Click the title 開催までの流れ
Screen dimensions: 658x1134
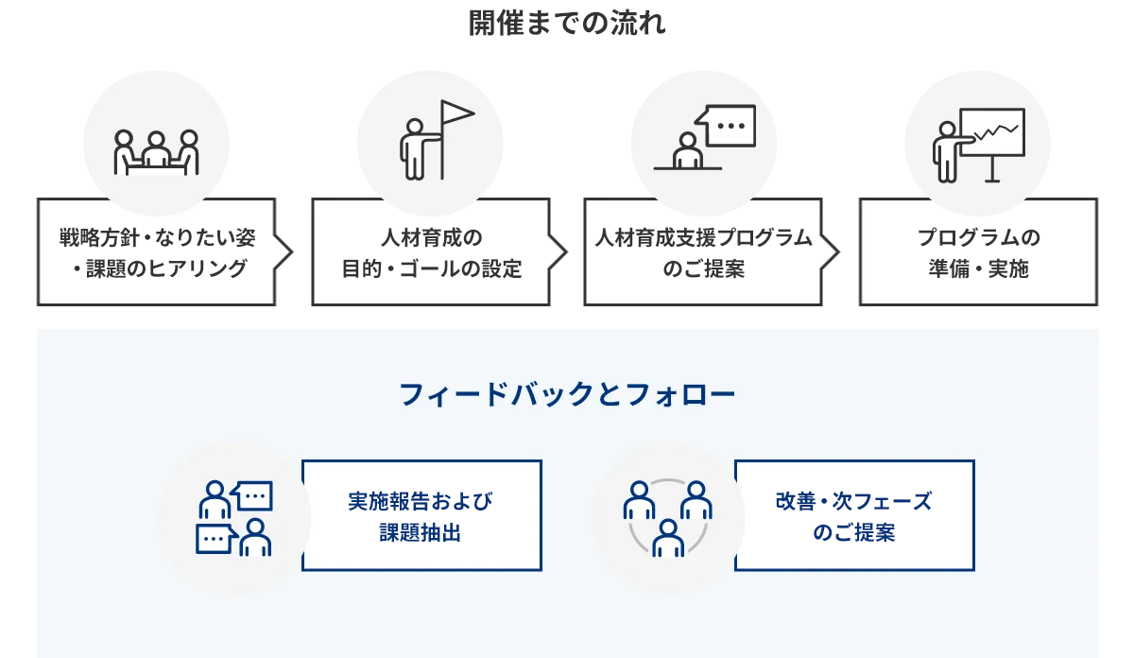(x=567, y=23)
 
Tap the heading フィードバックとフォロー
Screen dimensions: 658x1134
(x=567, y=394)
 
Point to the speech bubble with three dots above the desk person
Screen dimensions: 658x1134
(x=727, y=125)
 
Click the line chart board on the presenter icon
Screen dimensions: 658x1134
(x=992, y=133)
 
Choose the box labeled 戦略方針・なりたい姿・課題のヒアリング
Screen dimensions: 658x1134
(x=157, y=252)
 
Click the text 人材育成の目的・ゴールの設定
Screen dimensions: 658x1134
(x=431, y=252)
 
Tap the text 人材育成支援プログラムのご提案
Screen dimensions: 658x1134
(x=704, y=252)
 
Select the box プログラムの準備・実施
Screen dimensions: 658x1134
(x=978, y=252)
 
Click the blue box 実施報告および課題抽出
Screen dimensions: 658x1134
(x=421, y=516)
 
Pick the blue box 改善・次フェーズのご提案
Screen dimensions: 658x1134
(x=854, y=516)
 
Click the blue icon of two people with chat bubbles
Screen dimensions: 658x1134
(x=234, y=517)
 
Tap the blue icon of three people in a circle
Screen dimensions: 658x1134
(x=667, y=517)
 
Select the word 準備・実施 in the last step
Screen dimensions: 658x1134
(x=978, y=269)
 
